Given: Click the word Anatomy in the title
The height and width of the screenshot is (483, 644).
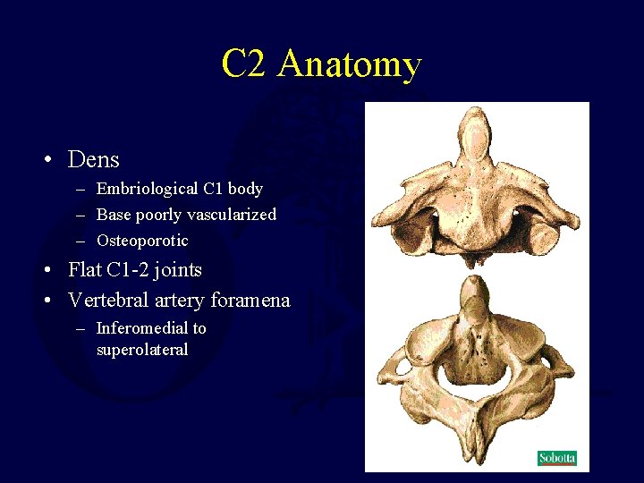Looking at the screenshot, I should coord(349,64).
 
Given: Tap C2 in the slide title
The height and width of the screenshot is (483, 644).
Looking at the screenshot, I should coord(243,64).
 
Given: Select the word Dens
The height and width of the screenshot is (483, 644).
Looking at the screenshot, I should coord(93,160).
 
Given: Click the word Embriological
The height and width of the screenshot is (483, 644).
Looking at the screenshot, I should coord(148,189).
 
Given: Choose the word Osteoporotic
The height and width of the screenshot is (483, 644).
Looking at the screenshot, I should coord(142,241).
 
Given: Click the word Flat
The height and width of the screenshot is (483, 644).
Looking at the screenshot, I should coord(89,270).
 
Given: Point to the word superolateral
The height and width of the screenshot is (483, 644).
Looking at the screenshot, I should coord(142,350).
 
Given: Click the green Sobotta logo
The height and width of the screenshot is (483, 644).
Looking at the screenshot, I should coord(556,459).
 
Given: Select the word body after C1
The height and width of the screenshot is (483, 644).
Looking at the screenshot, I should coord(245,189).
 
